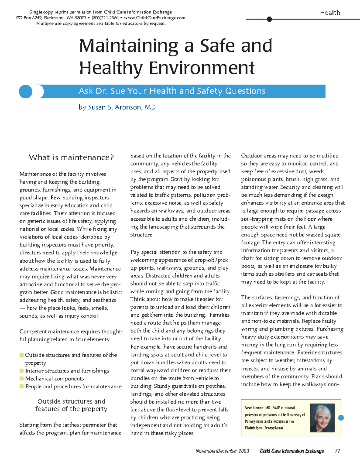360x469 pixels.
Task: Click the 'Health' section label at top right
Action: [330, 13]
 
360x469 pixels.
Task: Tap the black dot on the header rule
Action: [269, 19]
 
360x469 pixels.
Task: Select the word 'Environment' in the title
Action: [202, 68]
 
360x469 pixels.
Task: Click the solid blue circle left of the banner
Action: [25, 91]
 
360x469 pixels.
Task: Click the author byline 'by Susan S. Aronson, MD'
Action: [117, 107]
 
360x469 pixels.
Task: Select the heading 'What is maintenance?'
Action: [71, 157]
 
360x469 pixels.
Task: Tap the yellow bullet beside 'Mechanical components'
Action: [22, 378]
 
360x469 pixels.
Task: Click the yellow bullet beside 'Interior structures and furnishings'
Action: [22, 371]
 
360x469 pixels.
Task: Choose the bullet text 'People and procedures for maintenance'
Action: [73, 387]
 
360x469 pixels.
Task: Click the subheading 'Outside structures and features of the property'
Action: [71, 405]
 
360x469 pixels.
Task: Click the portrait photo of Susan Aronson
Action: [322, 418]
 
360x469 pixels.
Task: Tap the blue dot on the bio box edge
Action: [341, 417]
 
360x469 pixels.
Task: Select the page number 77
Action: [337, 451]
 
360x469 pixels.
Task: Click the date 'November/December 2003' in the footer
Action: [222, 451]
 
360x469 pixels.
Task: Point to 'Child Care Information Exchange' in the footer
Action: [292, 451]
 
